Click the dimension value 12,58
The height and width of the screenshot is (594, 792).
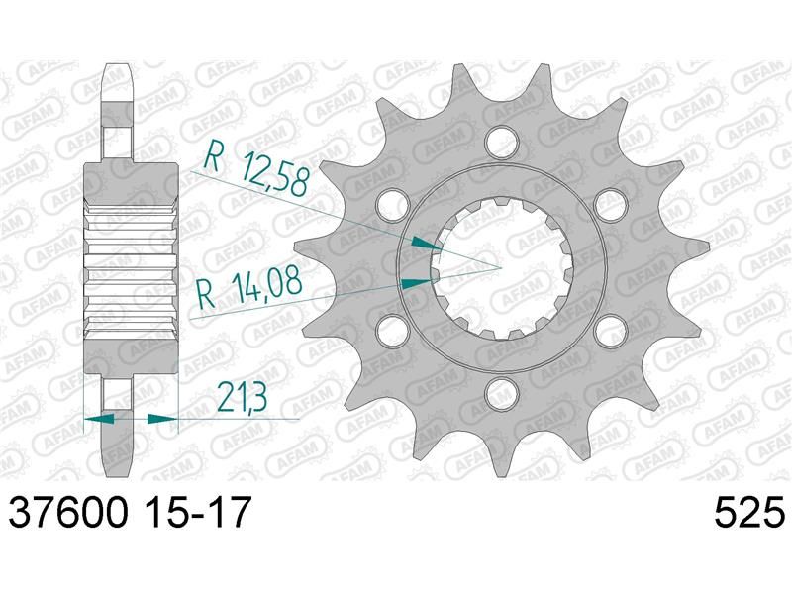click(274, 173)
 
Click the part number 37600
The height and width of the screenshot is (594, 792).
click(68, 511)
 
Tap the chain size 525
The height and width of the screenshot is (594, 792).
click(749, 511)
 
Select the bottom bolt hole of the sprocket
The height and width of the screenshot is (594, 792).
click(502, 392)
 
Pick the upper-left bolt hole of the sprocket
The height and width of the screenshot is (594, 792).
click(392, 202)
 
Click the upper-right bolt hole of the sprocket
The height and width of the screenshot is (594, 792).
click(611, 202)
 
